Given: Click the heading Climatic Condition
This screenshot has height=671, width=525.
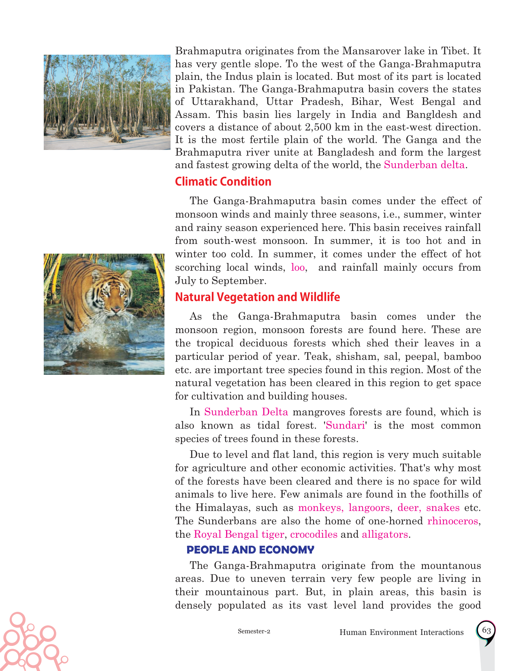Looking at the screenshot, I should pyautogui.click(x=223, y=182).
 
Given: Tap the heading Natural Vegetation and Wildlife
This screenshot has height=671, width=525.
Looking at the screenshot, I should pyautogui.click(x=257, y=297).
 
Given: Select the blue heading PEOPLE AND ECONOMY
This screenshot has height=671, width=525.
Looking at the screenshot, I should pyautogui.click(x=250, y=550).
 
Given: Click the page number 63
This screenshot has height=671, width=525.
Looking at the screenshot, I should pyautogui.click(x=487, y=630).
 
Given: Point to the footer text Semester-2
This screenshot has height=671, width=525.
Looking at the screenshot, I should pyautogui.click(x=254, y=631).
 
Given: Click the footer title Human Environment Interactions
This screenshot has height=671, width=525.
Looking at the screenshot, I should pyautogui.click(x=401, y=632).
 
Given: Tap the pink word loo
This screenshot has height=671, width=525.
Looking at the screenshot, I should pyautogui.click(x=298, y=267).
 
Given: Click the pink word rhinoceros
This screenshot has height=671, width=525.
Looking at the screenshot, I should pyautogui.click(x=452, y=521).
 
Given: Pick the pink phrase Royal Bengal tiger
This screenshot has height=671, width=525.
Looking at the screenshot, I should pyautogui.click(x=239, y=534).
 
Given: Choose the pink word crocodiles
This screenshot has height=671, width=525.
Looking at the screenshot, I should pyautogui.click(x=314, y=534).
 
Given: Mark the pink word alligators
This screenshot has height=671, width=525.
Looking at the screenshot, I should pyautogui.click(x=384, y=534).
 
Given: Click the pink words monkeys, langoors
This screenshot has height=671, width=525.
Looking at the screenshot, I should pyautogui.click(x=344, y=508).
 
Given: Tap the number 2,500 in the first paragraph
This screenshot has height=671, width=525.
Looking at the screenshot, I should pyautogui.click(x=317, y=127).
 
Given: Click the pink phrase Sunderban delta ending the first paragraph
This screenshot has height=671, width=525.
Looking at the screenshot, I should pyautogui.click(x=424, y=165).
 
